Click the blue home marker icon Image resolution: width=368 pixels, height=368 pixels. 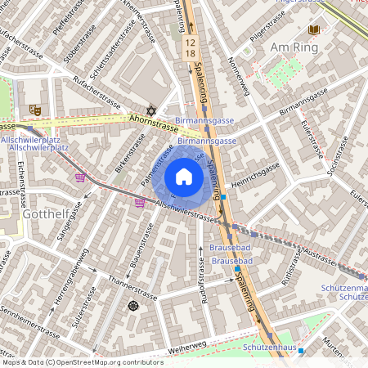[x=184, y=177]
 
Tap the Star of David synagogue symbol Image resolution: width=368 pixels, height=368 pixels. [x=150, y=110]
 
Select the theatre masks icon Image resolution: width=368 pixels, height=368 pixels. [x=35, y=109]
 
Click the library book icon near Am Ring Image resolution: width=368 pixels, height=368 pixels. [x=314, y=30]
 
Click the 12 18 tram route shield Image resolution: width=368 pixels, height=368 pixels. [x=191, y=47]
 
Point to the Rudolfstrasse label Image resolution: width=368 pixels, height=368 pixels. [x=200, y=277]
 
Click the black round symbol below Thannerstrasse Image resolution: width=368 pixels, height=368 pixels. [x=133, y=306]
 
